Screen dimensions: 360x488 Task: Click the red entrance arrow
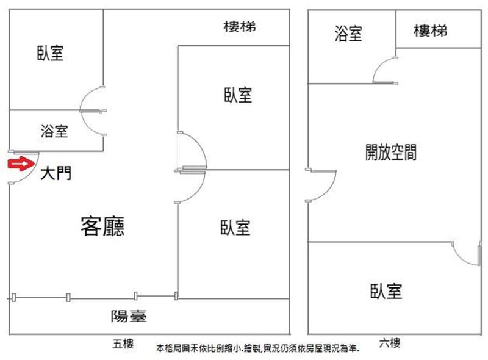pyautogui.click(x=18, y=164)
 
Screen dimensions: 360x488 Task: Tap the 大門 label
pyautogui.click(x=56, y=174)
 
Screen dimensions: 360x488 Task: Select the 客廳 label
pyautogui.click(x=102, y=226)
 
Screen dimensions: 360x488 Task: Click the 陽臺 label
pyautogui.click(x=129, y=316)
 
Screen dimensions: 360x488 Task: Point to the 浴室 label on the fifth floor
pyautogui.click(x=54, y=131)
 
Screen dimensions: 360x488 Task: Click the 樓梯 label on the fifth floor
pyautogui.click(x=239, y=27)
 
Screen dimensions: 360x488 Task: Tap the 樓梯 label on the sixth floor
pyautogui.click(x=430, y=31)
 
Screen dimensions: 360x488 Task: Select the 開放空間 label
pyautogui.click(x=390, y=152)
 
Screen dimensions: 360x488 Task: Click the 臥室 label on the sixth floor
pyautogui.click(x=386, y=290)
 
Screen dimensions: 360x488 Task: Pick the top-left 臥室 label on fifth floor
pyautogui.click(x=50, y=54)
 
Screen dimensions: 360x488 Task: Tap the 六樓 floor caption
pyautogui.click(x=390, y=344)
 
